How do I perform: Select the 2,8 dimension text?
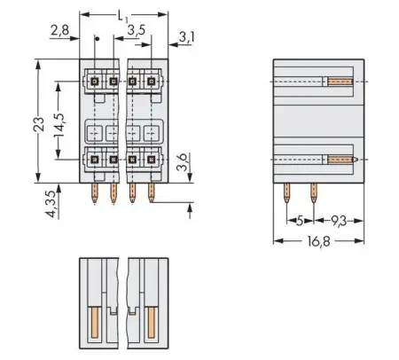(59, 32)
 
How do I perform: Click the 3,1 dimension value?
(186, 37)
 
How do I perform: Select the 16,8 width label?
(318, 243)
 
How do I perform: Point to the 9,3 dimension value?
(340, 220)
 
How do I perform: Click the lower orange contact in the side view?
(342, 160)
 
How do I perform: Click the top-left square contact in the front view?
(94, 82)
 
